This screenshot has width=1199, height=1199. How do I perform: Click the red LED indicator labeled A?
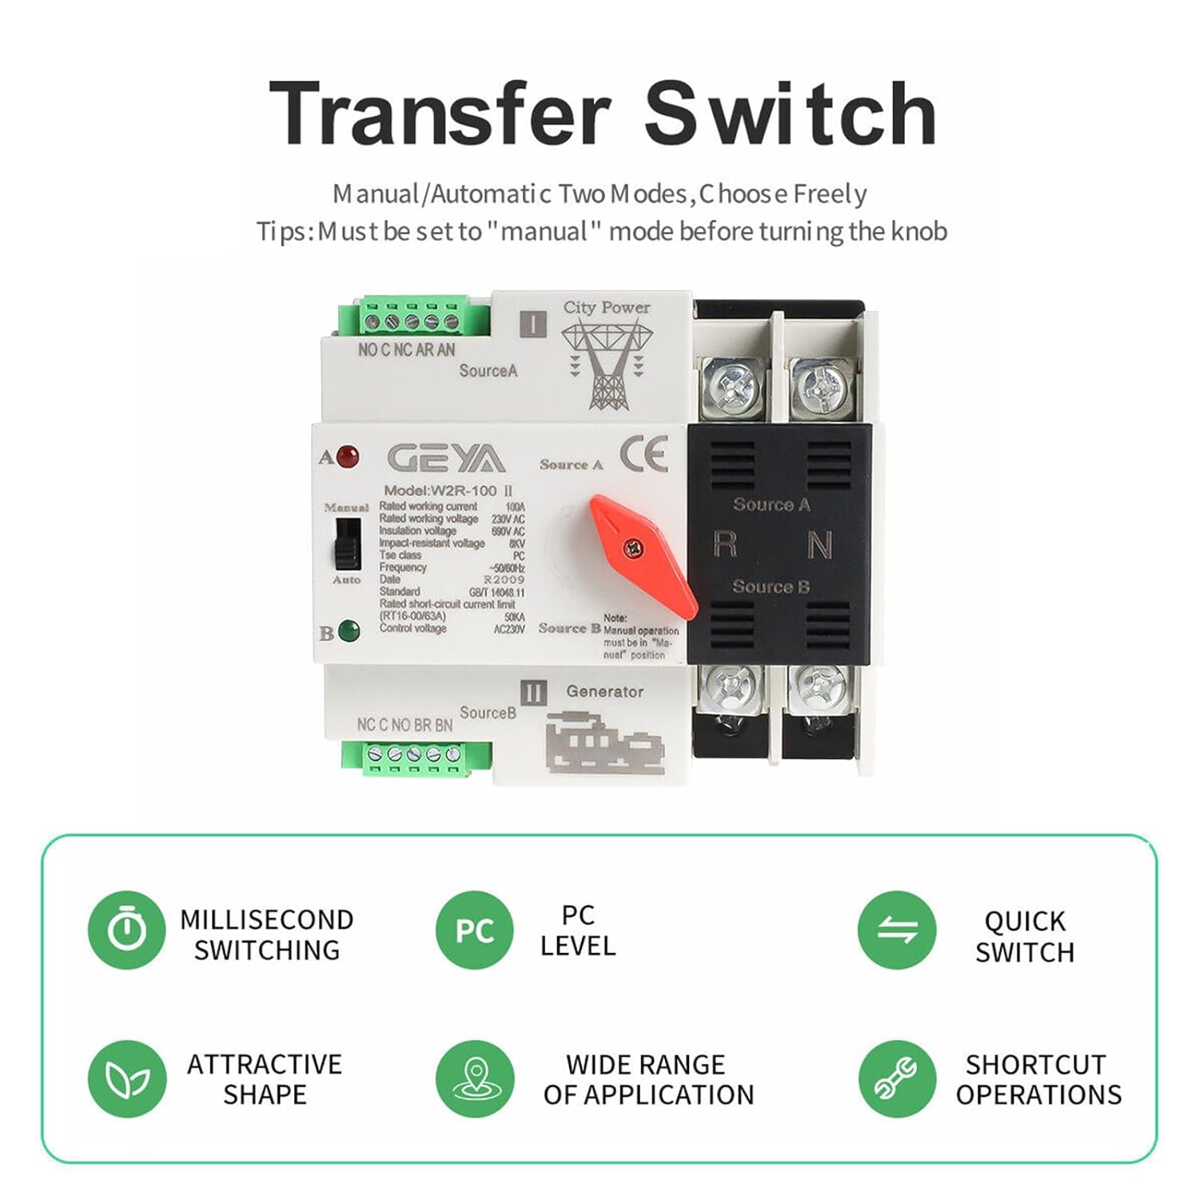(x=347, y=457)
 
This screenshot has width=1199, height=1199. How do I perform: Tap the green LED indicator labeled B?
(x=349, y=631)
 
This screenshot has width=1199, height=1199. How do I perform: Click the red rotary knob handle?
(x=643, y=555)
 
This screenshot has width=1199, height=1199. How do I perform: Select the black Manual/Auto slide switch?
(x=347, y=543)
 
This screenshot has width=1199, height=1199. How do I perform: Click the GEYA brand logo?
(x=445, y=459)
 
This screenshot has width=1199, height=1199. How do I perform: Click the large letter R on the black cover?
(x=725, y=544)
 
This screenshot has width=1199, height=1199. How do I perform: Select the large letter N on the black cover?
(x=820, y=545)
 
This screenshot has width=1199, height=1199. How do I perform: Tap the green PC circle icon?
(x=475, y=930)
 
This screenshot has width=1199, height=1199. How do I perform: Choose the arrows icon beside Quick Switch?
(x=897, y=930)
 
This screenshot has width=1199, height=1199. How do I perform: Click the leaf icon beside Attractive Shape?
(x=126, y=1078)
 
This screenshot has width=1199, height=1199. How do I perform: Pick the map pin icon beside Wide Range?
(x=475, y=1078)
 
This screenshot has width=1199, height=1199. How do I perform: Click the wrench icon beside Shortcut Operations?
(x=897, y=1078)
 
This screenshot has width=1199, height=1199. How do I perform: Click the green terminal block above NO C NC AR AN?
(x=409, y=317)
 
